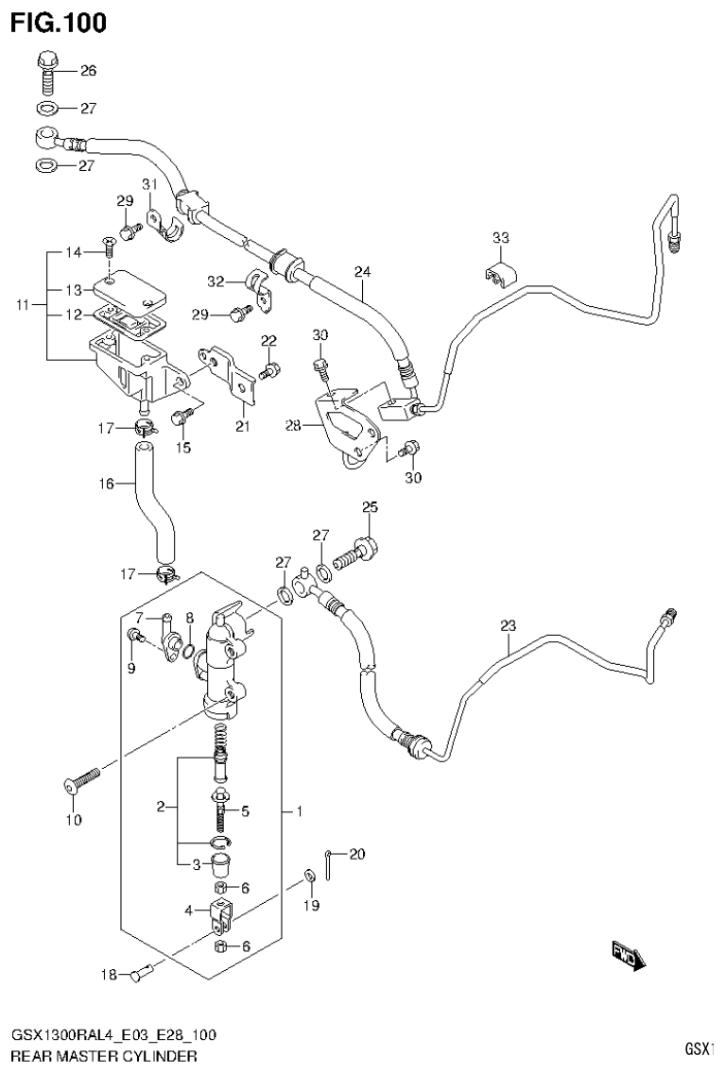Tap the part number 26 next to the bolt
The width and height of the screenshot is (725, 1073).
[x=88, y=71]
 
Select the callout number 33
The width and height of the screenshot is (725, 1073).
[x=501, y=237]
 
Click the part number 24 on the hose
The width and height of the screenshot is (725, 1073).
[x=363, y=272]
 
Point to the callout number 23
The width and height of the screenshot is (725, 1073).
[x=509, y=625]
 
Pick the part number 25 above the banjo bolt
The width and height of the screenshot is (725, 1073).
[x=370, y=508]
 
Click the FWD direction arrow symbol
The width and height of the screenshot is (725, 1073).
[x=628, y=956]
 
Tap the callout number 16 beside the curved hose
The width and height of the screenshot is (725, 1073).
[x=105, y=484]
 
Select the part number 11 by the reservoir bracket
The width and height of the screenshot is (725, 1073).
[x=24, y=305]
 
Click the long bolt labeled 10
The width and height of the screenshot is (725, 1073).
[x=82, y=780]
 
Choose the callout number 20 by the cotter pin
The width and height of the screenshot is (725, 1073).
[x=355, y=855]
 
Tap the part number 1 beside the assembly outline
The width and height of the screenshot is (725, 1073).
[x=299, y=811]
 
